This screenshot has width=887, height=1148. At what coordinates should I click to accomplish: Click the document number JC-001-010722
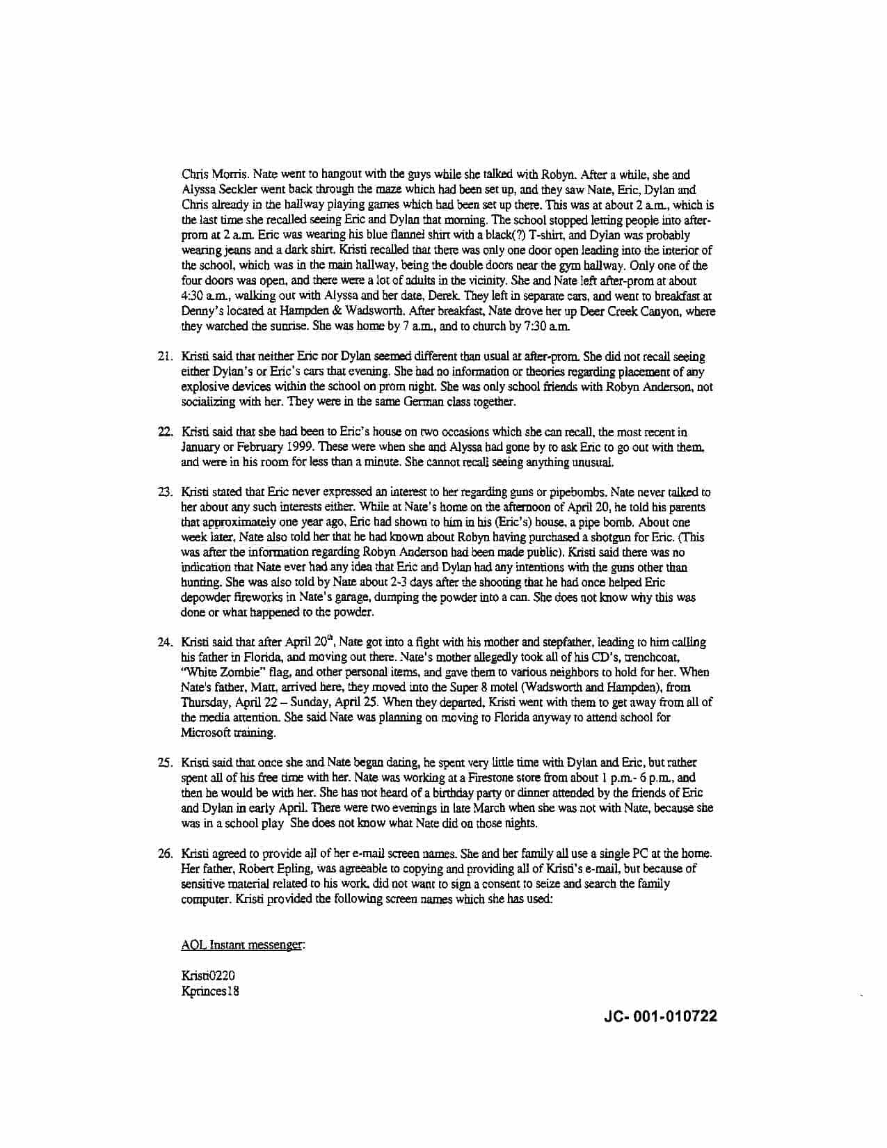pos(661,1017)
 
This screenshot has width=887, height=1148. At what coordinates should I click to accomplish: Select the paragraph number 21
pos(164,357)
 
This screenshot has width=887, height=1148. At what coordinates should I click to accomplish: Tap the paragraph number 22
pos(164,432)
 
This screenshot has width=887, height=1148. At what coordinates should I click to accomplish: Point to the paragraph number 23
pos(164,493)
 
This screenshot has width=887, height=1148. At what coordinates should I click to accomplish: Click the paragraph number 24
pos(164,642)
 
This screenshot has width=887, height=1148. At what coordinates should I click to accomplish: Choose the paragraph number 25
pos(164,763)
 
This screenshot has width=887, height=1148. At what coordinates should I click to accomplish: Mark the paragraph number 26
pos(164,854)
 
